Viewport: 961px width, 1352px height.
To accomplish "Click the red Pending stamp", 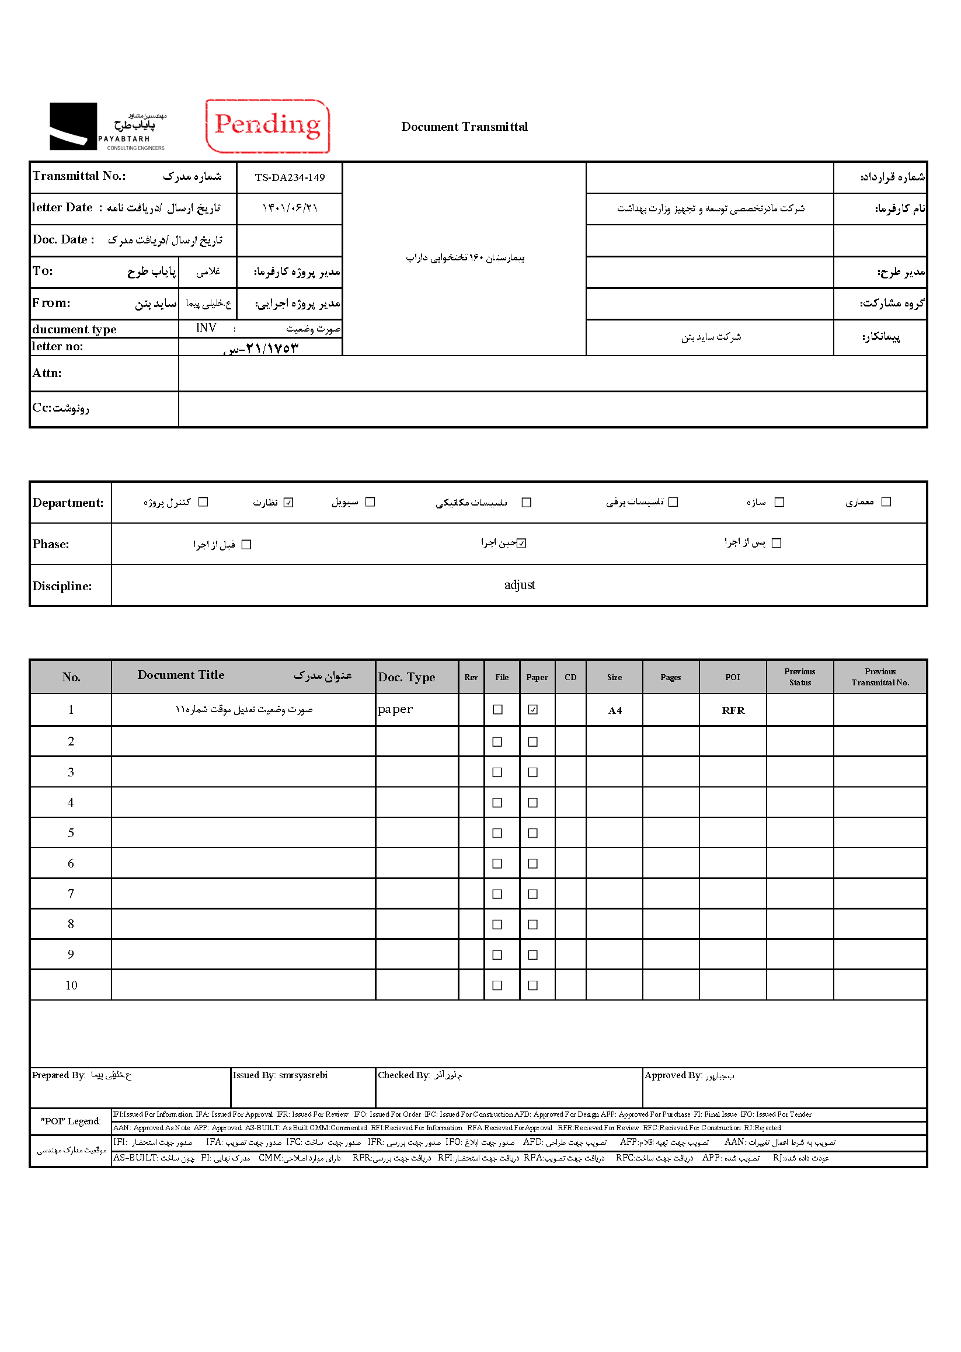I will pyautogui.click(x=267, y=126).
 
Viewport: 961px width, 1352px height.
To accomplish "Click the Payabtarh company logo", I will pyautogui.click(x=107, y=126).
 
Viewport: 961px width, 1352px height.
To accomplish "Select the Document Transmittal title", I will pyautogui.click(x=464, y=127).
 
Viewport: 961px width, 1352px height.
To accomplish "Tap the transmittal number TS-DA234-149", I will pyautogui.click(x=290, y=177).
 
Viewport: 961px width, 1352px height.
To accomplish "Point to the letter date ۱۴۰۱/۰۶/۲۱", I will pyautogui.click(x=290, y=208).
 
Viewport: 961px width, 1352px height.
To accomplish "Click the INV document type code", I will pyautogui.click(x=206, y=328).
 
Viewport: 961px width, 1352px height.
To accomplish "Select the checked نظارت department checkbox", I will pyautogui.click(x=288, y=503).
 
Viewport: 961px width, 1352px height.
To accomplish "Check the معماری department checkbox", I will pyautogui.click(x=886, y=502).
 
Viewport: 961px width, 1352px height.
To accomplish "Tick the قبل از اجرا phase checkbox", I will pyautogui.click(x=247, y=544).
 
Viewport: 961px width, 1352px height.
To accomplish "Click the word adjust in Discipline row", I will pyautogui.click(x=519, y=585).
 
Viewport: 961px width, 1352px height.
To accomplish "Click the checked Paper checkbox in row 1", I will pyautogui.click(x=532, y=709).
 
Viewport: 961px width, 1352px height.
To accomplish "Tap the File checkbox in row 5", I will pyautogui.click(x=497, y=833).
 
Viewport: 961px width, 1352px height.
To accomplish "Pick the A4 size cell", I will pyautogui.click(x=615, y=710).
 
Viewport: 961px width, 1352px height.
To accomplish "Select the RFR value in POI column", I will pyautogui.click(x=733, y=710).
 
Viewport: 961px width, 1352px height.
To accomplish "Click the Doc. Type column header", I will pyautogui.click(x=406, y=678).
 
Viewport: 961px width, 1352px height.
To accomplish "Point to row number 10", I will pyautogui.click(x=71, y=985).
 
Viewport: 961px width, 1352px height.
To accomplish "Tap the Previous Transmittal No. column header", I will pyautogui.click(x=880, y=677).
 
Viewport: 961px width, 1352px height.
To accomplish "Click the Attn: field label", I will pyautogui.click(x=47, y=374).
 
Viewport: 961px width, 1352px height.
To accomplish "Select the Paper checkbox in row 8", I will pyautogui.click(x=532, y=924).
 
